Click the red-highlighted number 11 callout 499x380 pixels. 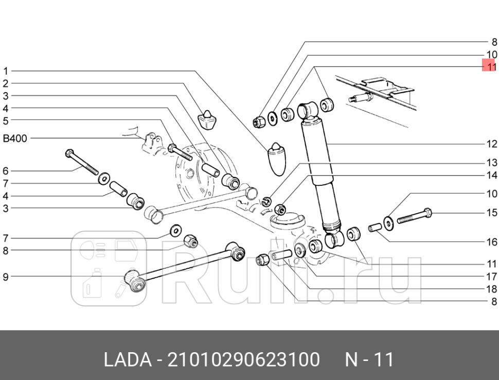tap(489, 66)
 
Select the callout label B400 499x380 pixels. tap(15, 139)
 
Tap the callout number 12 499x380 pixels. tap(492, 144)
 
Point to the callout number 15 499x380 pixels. tap(492, 213)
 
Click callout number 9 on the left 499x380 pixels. tap(6, 277)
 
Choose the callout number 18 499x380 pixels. tap(492, 289)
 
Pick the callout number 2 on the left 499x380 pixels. tap(6, 83)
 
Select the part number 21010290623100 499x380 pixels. tap(242, 359)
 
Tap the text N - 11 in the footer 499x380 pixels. tap(369, 359)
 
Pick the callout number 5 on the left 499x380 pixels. tap(6, 121)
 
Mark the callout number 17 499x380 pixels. tap(492, 277)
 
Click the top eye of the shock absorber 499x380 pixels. tap(308, 109)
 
